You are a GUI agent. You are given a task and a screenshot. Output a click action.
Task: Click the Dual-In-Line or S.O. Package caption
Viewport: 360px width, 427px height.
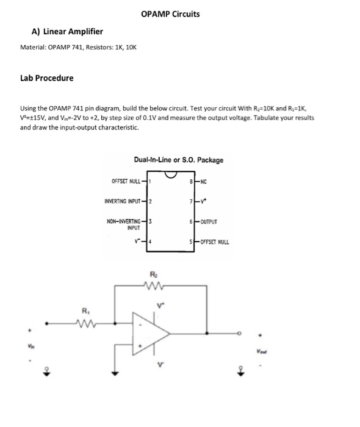click(x=178, y=160)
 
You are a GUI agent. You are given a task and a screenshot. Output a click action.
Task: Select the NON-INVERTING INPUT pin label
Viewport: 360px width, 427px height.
click(x=124, y=223)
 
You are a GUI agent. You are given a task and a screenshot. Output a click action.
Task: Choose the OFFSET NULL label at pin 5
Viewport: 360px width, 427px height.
click(x=212, y=242)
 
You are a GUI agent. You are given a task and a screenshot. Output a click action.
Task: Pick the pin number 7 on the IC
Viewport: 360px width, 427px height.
click(x=191, y=201)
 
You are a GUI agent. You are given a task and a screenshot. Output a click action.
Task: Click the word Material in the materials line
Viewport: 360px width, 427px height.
click(x=34, y=47)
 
